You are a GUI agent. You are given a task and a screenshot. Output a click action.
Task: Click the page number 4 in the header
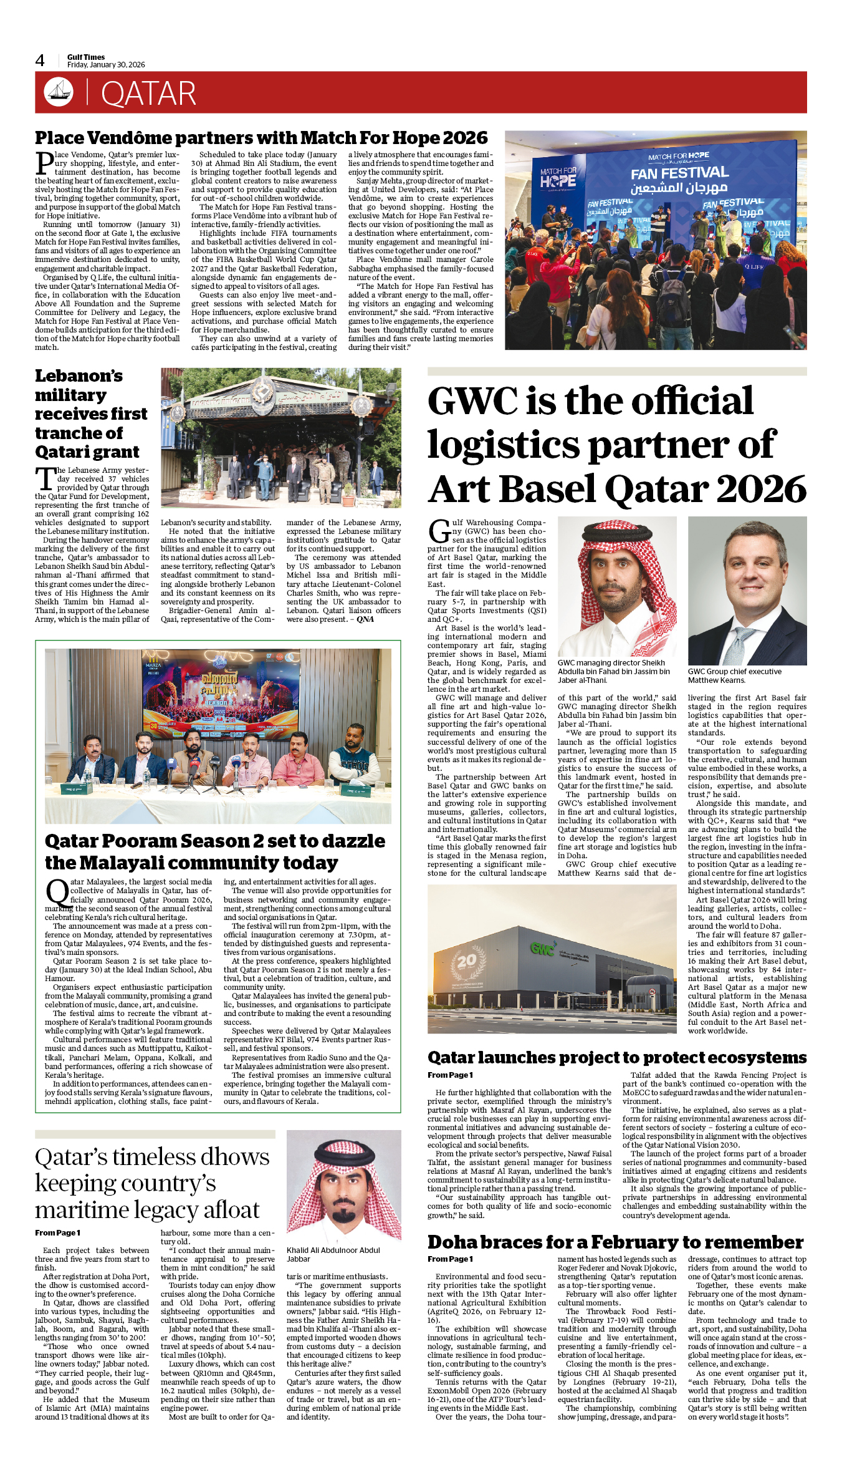[40, 60]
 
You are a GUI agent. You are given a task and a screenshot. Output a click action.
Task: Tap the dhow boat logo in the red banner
[59, 92]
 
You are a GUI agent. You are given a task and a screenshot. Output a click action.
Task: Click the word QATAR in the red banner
[148, 94]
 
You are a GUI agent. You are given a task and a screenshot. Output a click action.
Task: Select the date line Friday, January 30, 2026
[106, 65]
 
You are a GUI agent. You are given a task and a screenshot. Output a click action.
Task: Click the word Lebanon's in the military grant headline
[79, 376]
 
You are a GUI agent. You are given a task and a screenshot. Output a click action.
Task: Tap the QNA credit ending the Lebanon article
[365, 619]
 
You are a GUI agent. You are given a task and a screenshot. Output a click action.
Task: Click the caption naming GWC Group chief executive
[734, 675]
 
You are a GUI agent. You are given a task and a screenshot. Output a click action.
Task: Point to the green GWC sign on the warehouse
[542, 949]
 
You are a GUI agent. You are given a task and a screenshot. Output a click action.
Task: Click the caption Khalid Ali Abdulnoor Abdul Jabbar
[333, 1254]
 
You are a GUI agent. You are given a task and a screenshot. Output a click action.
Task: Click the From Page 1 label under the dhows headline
[57, 1233]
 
